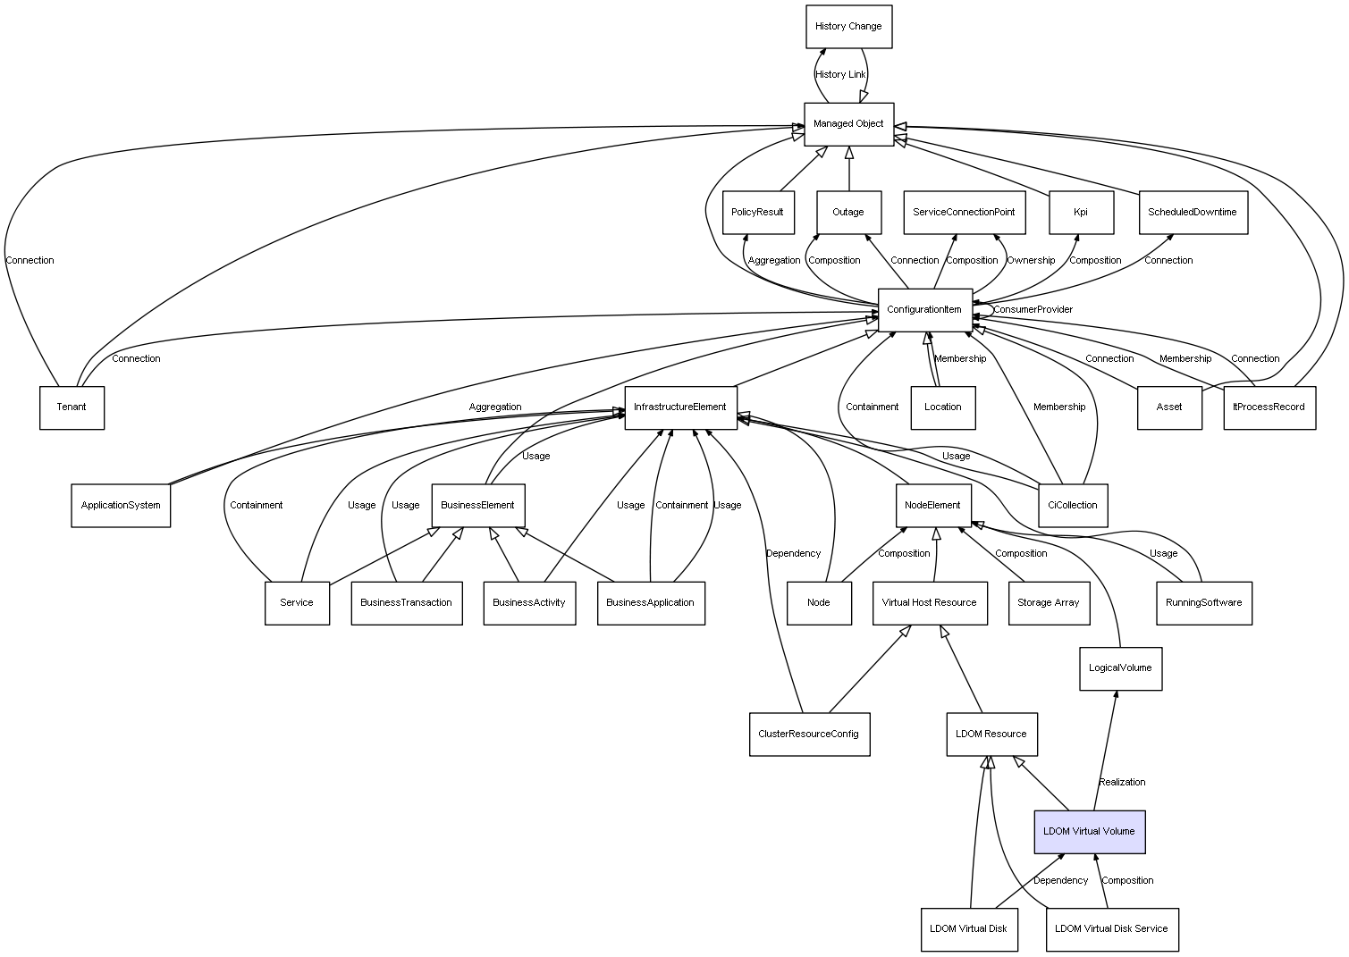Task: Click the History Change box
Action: [x=848, y=27]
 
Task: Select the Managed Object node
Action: [x=848, y=124]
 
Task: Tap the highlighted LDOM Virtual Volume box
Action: [x=1090, y=832]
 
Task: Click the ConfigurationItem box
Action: [x=924, y=310]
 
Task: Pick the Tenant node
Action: [x=72, y=407]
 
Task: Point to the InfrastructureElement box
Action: [x=680, y=407]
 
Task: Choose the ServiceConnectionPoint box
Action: [x=965, y=213]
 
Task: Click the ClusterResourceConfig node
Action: [x=809, y=735]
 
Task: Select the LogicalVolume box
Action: [x=1120, y=668]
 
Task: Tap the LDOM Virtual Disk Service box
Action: [x=1112, y=929]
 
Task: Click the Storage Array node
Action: [x=1049, y=603]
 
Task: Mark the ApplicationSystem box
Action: [x=121, y=506]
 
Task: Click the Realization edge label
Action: [x=1122, y=782]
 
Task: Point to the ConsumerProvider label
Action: [x=1033, y=309]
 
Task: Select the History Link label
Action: [x=840, y=75]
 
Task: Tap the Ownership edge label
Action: [x=1031, y=260]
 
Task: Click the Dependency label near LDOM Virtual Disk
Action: [x=1060, y=880]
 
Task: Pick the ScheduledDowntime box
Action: [x=1193, y=213]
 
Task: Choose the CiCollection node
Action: [x=1073, y=506]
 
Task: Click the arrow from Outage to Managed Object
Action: [x=849, y=169]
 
